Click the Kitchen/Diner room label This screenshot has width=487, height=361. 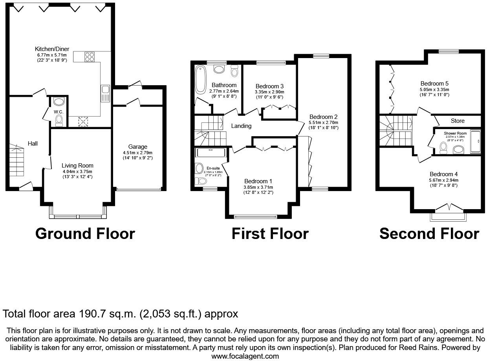point(52,49)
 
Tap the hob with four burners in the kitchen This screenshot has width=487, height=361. point(89,57)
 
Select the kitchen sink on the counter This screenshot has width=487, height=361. point(105,93)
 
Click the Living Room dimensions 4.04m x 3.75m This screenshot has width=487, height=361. point(77,171)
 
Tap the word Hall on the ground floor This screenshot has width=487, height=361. point(33,144)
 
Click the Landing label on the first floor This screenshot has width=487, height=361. point(241,126)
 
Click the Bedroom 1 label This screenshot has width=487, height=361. point(258,181)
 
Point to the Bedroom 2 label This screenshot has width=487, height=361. point(323,117)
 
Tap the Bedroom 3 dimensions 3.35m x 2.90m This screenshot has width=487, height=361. point(269,92)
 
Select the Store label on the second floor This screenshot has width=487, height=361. point(458,121)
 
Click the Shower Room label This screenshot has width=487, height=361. point(455,133)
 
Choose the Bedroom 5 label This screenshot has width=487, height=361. point(434,84)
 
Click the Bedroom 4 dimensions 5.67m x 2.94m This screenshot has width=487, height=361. point(444,180)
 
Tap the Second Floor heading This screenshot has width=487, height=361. point(429,234)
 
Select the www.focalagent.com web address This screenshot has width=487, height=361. point(245,356)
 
